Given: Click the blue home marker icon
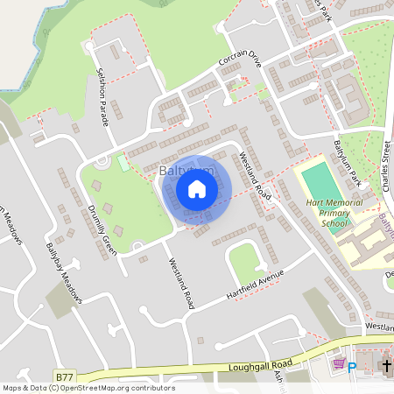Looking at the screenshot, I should click(197, 188).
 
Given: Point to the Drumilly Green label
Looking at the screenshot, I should click(102, 230).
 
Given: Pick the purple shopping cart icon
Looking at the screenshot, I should click(337, 365).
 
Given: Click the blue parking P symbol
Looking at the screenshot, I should click(352, 368).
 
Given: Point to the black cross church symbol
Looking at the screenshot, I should click(385, 366).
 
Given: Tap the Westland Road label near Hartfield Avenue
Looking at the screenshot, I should click(181, 283).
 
